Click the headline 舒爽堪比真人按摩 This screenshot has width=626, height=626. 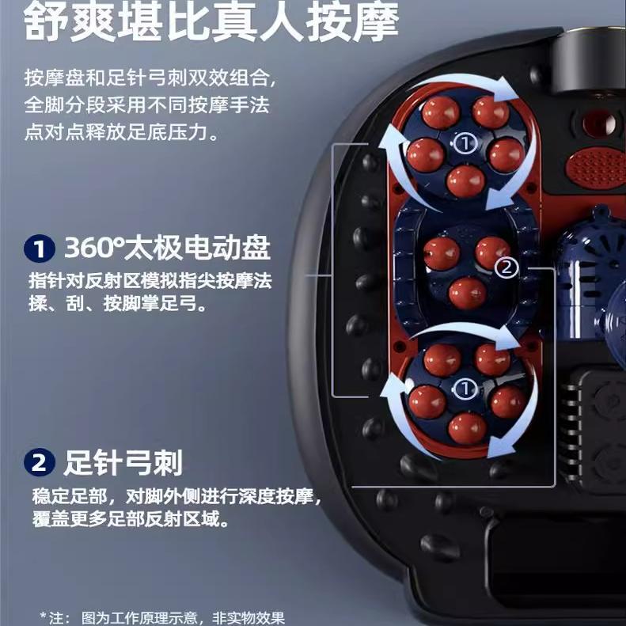[211, 22]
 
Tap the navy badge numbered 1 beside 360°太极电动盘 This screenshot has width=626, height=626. [39, 249]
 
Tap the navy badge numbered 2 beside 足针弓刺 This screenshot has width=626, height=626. [39, 463]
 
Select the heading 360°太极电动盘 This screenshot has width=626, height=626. [167, 248]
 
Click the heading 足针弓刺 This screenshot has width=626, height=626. [123, 463]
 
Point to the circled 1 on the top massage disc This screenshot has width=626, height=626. [465, 142]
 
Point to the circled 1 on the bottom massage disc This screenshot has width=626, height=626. [465, 389]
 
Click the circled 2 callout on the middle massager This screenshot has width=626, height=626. [506, 267]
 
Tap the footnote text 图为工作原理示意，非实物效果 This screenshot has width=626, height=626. [183, 617]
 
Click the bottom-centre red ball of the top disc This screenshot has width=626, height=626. [465, 181]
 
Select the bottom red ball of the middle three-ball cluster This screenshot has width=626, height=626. [468, 294]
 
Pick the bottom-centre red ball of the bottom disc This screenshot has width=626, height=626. [467, 429]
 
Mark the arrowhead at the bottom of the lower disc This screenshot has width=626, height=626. [502, 448]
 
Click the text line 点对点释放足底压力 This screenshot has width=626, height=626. [121, 131]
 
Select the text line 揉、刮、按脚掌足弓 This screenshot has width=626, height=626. [118, 303]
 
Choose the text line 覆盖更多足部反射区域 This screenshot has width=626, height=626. [131, 519]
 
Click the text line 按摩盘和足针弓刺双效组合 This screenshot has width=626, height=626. [150, 78]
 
